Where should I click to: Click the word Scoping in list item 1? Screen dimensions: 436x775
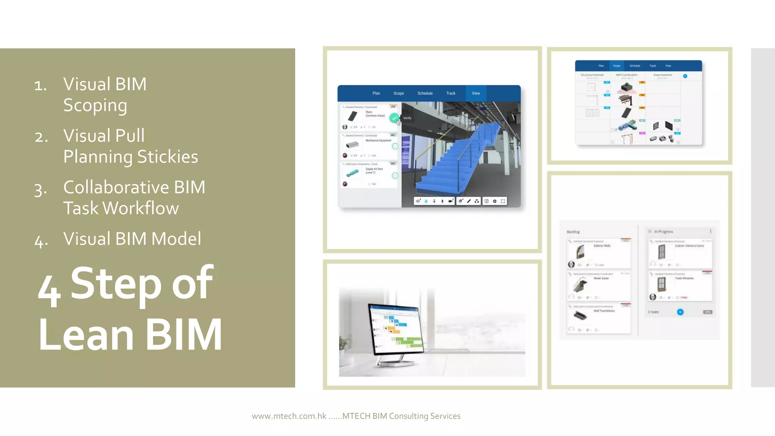click(95, 106)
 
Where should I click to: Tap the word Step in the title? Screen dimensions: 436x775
click(116, 284)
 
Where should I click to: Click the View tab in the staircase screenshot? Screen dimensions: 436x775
click(476, 93)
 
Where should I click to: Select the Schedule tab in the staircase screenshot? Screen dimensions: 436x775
click(425, 93)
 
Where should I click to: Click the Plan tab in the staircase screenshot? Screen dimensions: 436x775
click(376, 93)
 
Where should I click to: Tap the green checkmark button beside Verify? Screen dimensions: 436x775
click(394, 118)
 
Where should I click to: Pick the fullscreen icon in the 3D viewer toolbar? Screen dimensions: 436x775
click(503, 201)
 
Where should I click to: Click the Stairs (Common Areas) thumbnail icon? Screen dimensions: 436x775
click(352, 116)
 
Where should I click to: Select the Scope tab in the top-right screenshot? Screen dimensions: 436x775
click(617, 66)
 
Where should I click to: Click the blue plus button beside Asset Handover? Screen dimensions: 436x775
click(685, 76)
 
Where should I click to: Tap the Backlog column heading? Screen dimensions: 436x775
click(573, 232)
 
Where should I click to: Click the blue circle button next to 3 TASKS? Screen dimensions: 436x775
click(680, 312)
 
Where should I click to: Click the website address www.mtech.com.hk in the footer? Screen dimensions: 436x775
click(289, 416)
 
